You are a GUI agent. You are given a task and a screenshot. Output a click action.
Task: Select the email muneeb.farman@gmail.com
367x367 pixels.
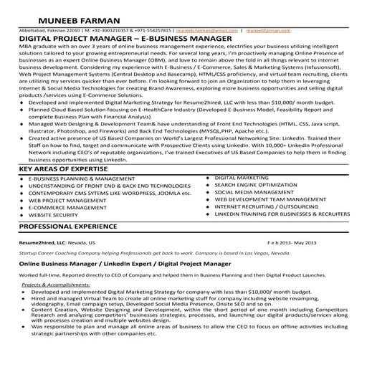coord(207,32)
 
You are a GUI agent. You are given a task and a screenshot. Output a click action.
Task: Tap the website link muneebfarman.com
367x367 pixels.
coord(270,32)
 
